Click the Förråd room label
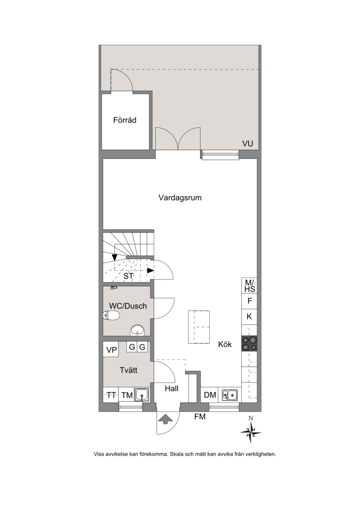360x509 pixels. [125, 120]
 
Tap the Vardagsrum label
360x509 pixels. [180, 198]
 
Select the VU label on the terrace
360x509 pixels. [247, 143]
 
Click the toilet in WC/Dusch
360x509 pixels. [111, 315]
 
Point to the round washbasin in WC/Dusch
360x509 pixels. [138, 330]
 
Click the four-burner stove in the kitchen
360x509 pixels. [249, 343]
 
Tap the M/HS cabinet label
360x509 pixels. [249, 286]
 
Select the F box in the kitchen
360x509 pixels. [249, 301]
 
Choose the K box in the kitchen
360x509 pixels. [249, 316]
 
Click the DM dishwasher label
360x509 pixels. [210, 395]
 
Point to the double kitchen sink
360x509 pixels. [230, 395]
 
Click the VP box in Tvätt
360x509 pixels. [111, 350]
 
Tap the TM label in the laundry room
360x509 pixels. [127, 395]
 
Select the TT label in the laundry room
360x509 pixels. [111, 395]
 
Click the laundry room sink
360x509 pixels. [142, 395]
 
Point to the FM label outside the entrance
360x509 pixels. [200, 416]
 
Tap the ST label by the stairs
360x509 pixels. [128, 276]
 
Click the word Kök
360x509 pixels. [225, 344]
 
